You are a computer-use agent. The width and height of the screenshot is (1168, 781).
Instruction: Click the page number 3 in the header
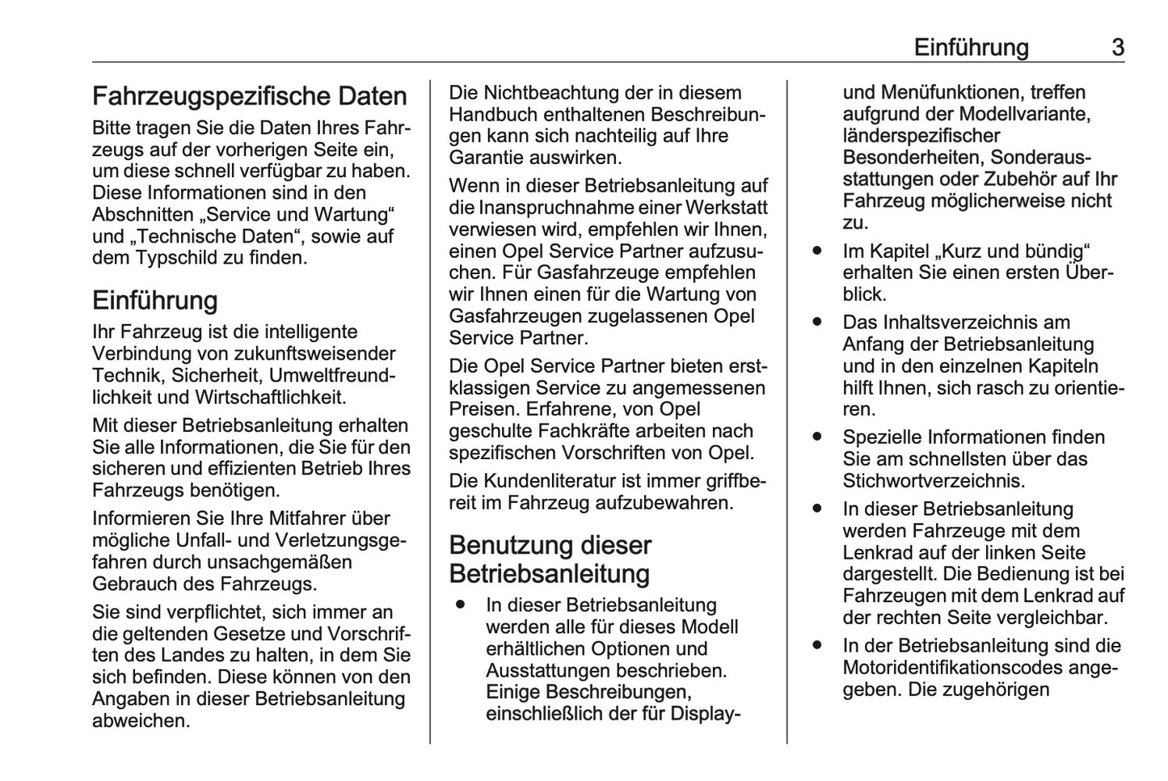(x=1117, y=48)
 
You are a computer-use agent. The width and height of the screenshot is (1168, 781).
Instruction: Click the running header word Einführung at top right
(x=971, y=48)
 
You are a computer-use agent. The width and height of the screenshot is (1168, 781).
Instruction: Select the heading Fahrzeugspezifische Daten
(x=250, y=96)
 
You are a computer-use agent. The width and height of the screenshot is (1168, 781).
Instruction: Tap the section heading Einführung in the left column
(x=155, y=301)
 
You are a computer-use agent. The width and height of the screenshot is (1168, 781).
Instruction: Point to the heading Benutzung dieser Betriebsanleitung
(x=550, y=559)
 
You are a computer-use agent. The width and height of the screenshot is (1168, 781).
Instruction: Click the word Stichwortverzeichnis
(x=934, y=481)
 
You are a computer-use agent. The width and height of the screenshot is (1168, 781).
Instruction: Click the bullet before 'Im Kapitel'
(x=818, y=251)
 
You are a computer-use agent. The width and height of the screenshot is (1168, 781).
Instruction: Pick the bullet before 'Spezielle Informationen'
(x=818, y=437)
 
